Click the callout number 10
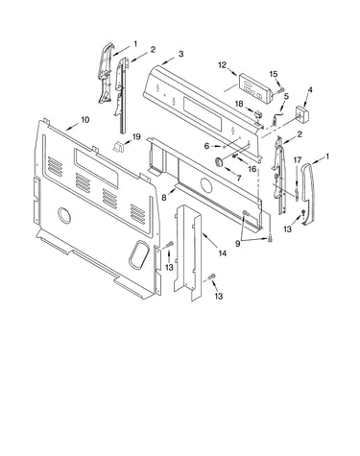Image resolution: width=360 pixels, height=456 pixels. click(x=84, y=120)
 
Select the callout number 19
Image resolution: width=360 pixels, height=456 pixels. click(x=136, y=137)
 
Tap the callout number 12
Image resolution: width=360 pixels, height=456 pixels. click(x=223, y=65)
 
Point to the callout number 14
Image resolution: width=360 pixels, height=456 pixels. click(x=223, y=253)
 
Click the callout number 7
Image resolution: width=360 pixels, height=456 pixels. click(x=238, y=178)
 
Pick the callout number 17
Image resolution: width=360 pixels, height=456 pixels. click(x=298, y=159)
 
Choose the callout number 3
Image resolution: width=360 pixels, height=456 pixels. click(x=181, y=54)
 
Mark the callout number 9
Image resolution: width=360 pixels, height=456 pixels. click(x=237, y=244)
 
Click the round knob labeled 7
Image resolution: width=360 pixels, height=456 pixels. click(x=219, y=161)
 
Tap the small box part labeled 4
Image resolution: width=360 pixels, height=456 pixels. click(x=302, y=114)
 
